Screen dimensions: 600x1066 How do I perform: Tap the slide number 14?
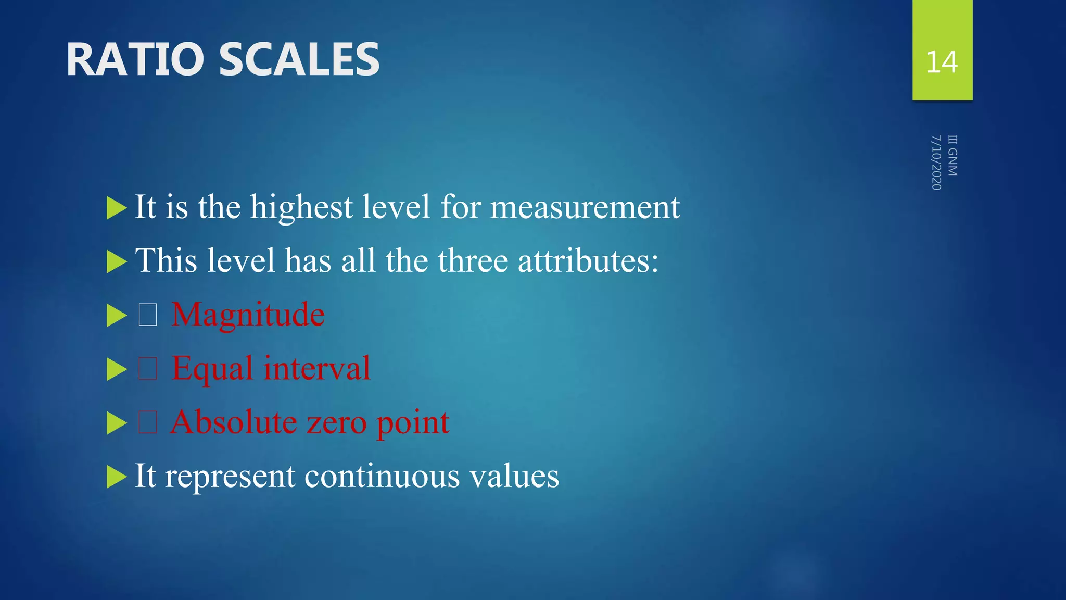coord(942,62)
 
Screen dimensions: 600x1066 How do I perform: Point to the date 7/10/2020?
coord(936,162)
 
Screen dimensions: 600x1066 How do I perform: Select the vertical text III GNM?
coord(953,155)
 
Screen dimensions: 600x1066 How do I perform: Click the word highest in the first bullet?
coord(301,207)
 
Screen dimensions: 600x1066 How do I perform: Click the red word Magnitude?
coord(248,315)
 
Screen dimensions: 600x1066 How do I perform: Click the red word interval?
coord(317,368)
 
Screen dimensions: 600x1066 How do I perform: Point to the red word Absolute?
coord(234,422)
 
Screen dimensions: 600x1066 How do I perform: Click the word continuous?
coord(382,476)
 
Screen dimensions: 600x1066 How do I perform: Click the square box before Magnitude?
coord(148,315)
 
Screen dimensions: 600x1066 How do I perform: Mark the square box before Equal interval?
coord(148,369)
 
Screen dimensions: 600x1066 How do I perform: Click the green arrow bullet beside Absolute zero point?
coord(116,423)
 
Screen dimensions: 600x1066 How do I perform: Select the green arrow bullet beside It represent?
coord(116,477)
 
